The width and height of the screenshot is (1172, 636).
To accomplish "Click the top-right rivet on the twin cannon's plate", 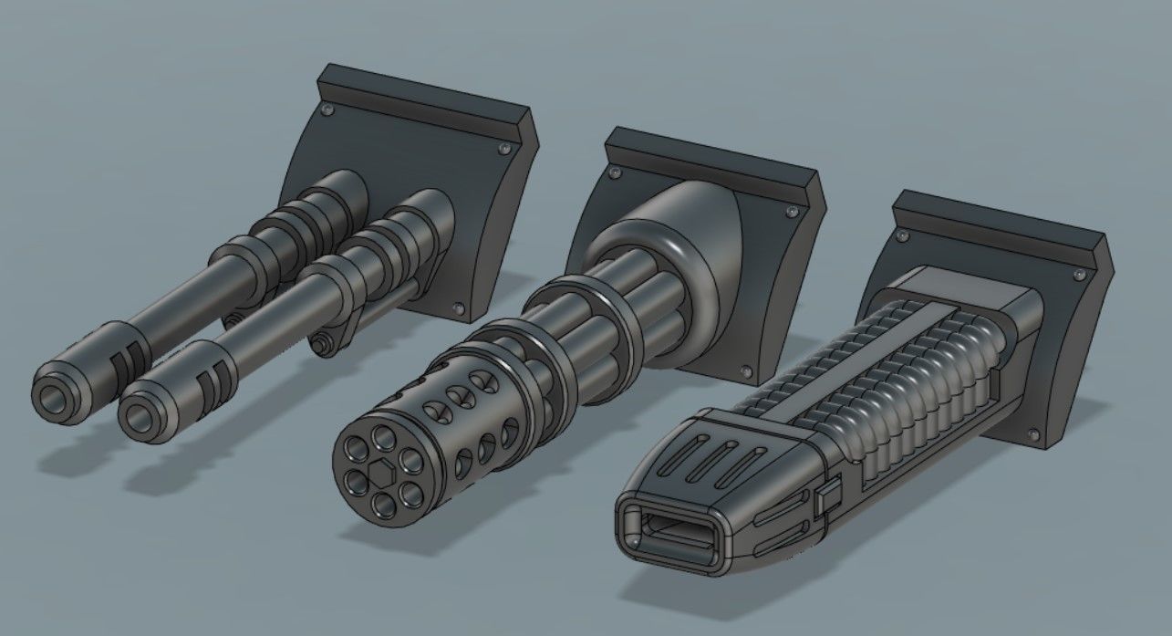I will pyautogui.click(x=504, y=148).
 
